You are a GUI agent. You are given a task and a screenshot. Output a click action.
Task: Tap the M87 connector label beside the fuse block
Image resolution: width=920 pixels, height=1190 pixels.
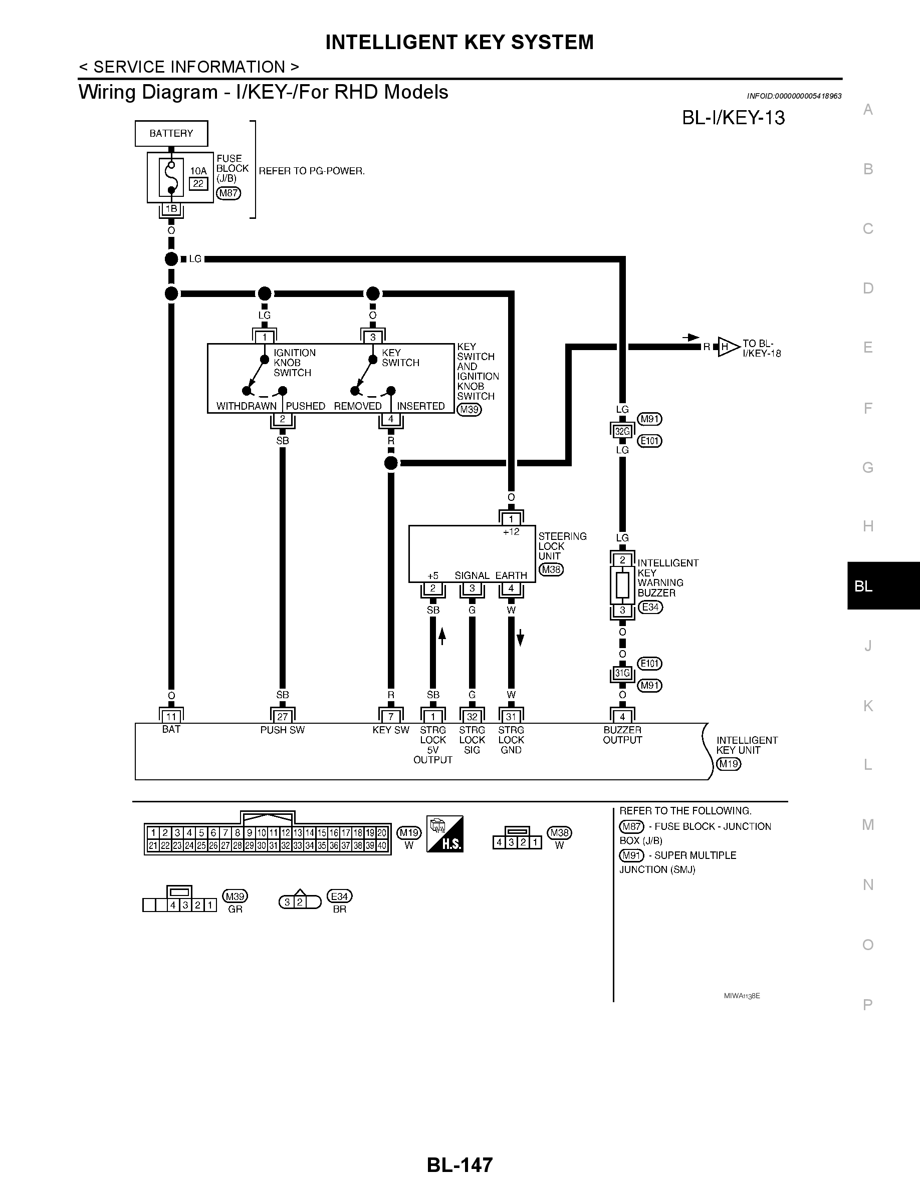click(x=228, y=193)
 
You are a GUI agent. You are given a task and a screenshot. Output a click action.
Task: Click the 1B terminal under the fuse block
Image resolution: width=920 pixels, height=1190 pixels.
click(x=171, y=209)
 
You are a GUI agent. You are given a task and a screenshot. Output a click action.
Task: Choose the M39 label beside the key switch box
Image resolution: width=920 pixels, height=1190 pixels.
click(x=469, y=409)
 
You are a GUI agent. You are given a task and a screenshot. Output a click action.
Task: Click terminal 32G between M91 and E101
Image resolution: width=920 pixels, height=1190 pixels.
click(x=622, y=432)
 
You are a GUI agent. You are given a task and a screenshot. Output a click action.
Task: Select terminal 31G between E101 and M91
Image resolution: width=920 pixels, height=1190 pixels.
click(x=622, y=673)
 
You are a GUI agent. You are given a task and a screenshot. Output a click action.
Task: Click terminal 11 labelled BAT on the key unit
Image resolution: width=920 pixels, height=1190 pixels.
click(x=171, y=717)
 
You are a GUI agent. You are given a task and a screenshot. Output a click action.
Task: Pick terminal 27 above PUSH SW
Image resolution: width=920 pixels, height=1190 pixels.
click(x=282, y=717)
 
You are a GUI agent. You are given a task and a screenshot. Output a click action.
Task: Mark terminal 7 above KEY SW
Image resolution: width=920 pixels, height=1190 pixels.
click(x=391, y=717)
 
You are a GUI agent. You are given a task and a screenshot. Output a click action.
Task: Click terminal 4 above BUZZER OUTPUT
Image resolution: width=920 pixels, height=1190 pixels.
click(x=622, y=717)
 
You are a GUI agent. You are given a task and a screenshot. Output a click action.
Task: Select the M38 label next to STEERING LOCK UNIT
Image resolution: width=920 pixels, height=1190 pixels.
click(x=551, y=570)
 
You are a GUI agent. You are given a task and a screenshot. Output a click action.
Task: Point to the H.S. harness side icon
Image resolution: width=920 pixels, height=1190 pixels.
click(x=445, y=834)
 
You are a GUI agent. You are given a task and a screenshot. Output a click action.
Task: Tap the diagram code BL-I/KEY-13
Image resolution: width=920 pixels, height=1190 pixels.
click(x=733, y=118)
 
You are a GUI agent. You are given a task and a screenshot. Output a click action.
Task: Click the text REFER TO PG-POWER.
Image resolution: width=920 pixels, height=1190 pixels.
click(x=312, y=171)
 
